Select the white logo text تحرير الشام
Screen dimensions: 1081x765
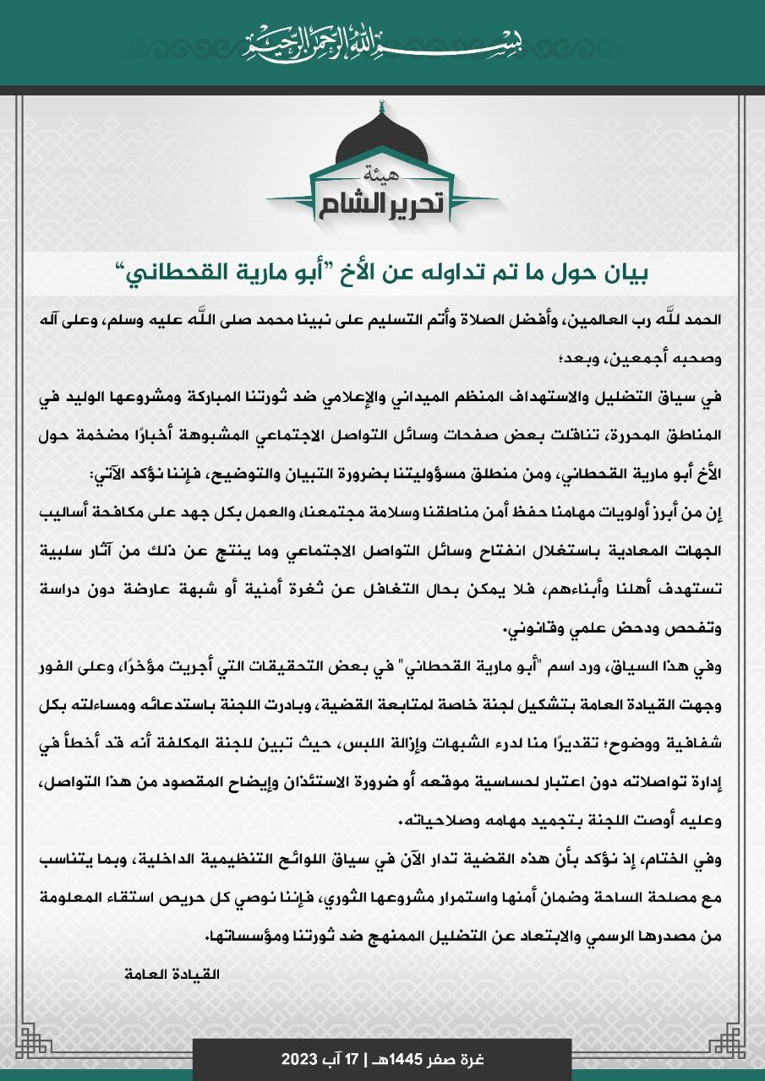click(383, 204)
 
